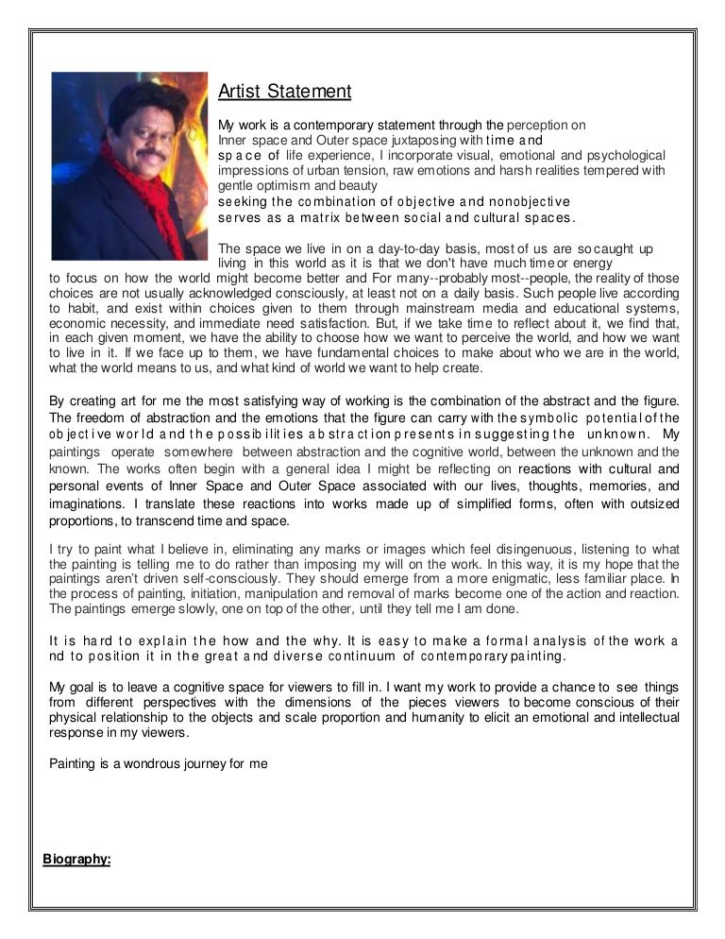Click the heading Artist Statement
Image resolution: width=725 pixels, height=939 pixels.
[284, 92]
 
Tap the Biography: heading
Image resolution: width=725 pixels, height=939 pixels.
[76, 859]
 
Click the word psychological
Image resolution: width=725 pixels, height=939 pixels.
[619, 154]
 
